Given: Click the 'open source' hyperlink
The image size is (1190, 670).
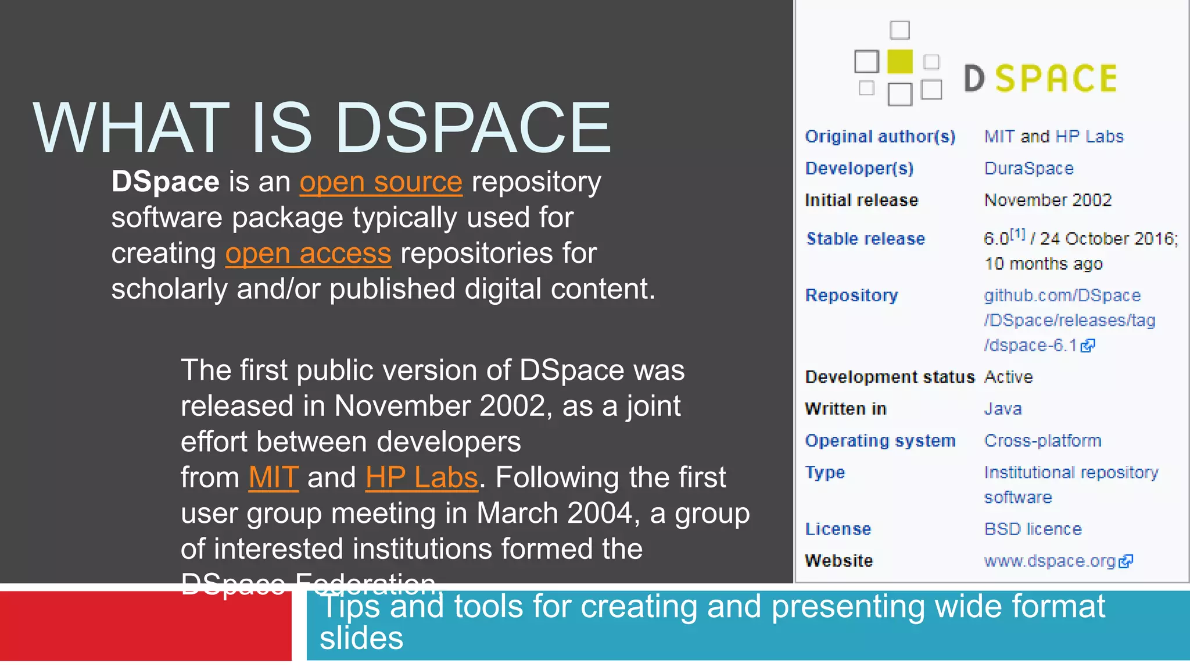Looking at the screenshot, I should (x=381, y=183).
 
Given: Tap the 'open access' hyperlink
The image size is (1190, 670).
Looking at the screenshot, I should (x=308, y=254).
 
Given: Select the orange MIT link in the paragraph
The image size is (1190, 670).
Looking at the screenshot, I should (x=274, y=478).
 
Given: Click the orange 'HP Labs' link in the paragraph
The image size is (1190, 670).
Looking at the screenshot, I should (x=422, y=478).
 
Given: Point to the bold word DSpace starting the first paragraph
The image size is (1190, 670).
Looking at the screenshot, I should (x=165, y=182).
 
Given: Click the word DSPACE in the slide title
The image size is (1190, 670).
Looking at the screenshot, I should (x=473, y=128).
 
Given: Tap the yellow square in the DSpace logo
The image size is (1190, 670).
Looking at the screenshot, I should (x=900, y=62).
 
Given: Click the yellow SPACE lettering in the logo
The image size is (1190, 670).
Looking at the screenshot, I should (x=1056, y=79).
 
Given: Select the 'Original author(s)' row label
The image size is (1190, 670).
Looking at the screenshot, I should (x=880, y=137).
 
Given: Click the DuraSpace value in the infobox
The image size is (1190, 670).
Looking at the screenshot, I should (x=1028, y=169).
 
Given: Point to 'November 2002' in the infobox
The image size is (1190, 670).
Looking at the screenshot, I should (x=1048, y=201).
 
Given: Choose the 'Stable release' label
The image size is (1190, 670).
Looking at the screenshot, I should (x=865, y=239).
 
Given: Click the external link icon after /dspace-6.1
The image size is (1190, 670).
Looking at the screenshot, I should (x=1088, y=346).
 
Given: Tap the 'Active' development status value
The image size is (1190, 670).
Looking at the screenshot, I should (x=1008, y=377).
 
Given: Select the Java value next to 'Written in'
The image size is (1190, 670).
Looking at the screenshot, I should (x=1003, y=409).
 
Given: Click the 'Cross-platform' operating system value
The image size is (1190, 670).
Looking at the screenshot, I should (x=1042, y=441).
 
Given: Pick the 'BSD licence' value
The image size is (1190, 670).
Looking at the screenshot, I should (x=1033, y=529).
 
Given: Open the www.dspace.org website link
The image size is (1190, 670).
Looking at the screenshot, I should (x=1049, y=561).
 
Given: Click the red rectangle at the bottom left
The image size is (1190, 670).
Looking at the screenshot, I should (x=145, y=626).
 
